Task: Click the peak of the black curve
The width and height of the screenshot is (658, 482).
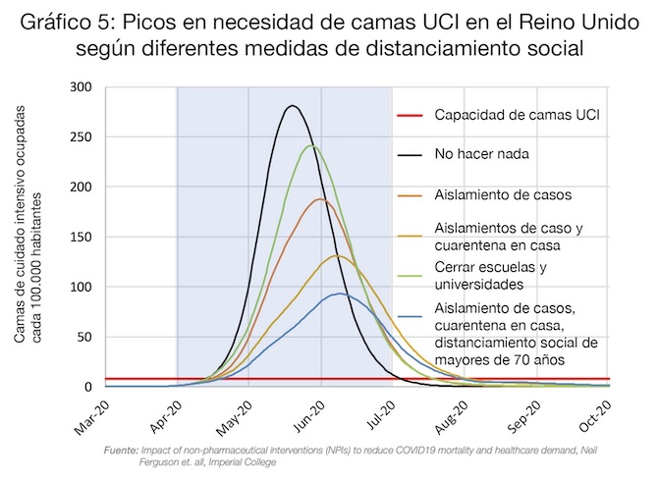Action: pyautogui.click(x=292, y=106)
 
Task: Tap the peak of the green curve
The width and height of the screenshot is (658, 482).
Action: pyautogui.click(x=311, y=145)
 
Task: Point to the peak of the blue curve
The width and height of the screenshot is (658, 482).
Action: pyautogui.click(x=339, y=294)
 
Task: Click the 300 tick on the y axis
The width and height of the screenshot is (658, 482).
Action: pyautogui.click(x=83, y=87)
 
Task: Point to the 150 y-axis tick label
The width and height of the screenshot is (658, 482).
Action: pyautogui.click(x=83, y=238)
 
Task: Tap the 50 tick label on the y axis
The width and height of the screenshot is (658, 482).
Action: pyautogui.click(x=87, y=338)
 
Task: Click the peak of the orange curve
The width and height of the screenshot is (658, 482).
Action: pyautogui.click(x=320, y=199)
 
